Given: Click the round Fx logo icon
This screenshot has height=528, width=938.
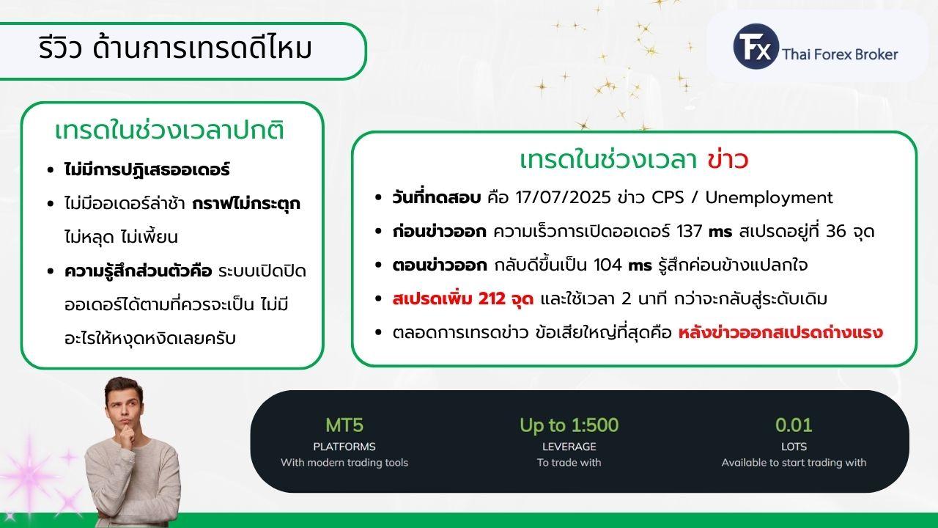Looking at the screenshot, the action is click(x=756, y=46).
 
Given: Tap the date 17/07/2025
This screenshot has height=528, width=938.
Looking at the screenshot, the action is click(x=563, y=197).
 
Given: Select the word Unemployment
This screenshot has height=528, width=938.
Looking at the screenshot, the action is click(x=769, y=198).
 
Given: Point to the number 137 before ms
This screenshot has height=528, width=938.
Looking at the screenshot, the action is click(x=690, y=231).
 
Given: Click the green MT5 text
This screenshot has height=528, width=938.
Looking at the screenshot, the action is click(x=344, y=425).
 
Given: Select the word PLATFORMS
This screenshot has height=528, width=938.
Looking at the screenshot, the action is click(x=344, y=447).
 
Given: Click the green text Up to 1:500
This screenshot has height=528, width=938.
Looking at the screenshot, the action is click(x=569, y=425).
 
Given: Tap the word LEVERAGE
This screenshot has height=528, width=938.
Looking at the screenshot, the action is click(x=569, y=447).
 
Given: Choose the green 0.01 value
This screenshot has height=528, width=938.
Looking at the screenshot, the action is click(x=794, y=425).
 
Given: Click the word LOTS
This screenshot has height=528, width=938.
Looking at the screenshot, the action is click(x=794, y=447).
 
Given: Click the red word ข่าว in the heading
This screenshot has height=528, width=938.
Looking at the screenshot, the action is click(x=728, y=160).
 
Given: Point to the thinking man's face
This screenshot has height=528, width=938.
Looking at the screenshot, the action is click(x=124, y=408).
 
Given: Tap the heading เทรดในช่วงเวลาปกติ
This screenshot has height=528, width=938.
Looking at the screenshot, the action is click(x=169, y=130).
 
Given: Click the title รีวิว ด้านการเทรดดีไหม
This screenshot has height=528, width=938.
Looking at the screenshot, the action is click(x=175, y=48).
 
